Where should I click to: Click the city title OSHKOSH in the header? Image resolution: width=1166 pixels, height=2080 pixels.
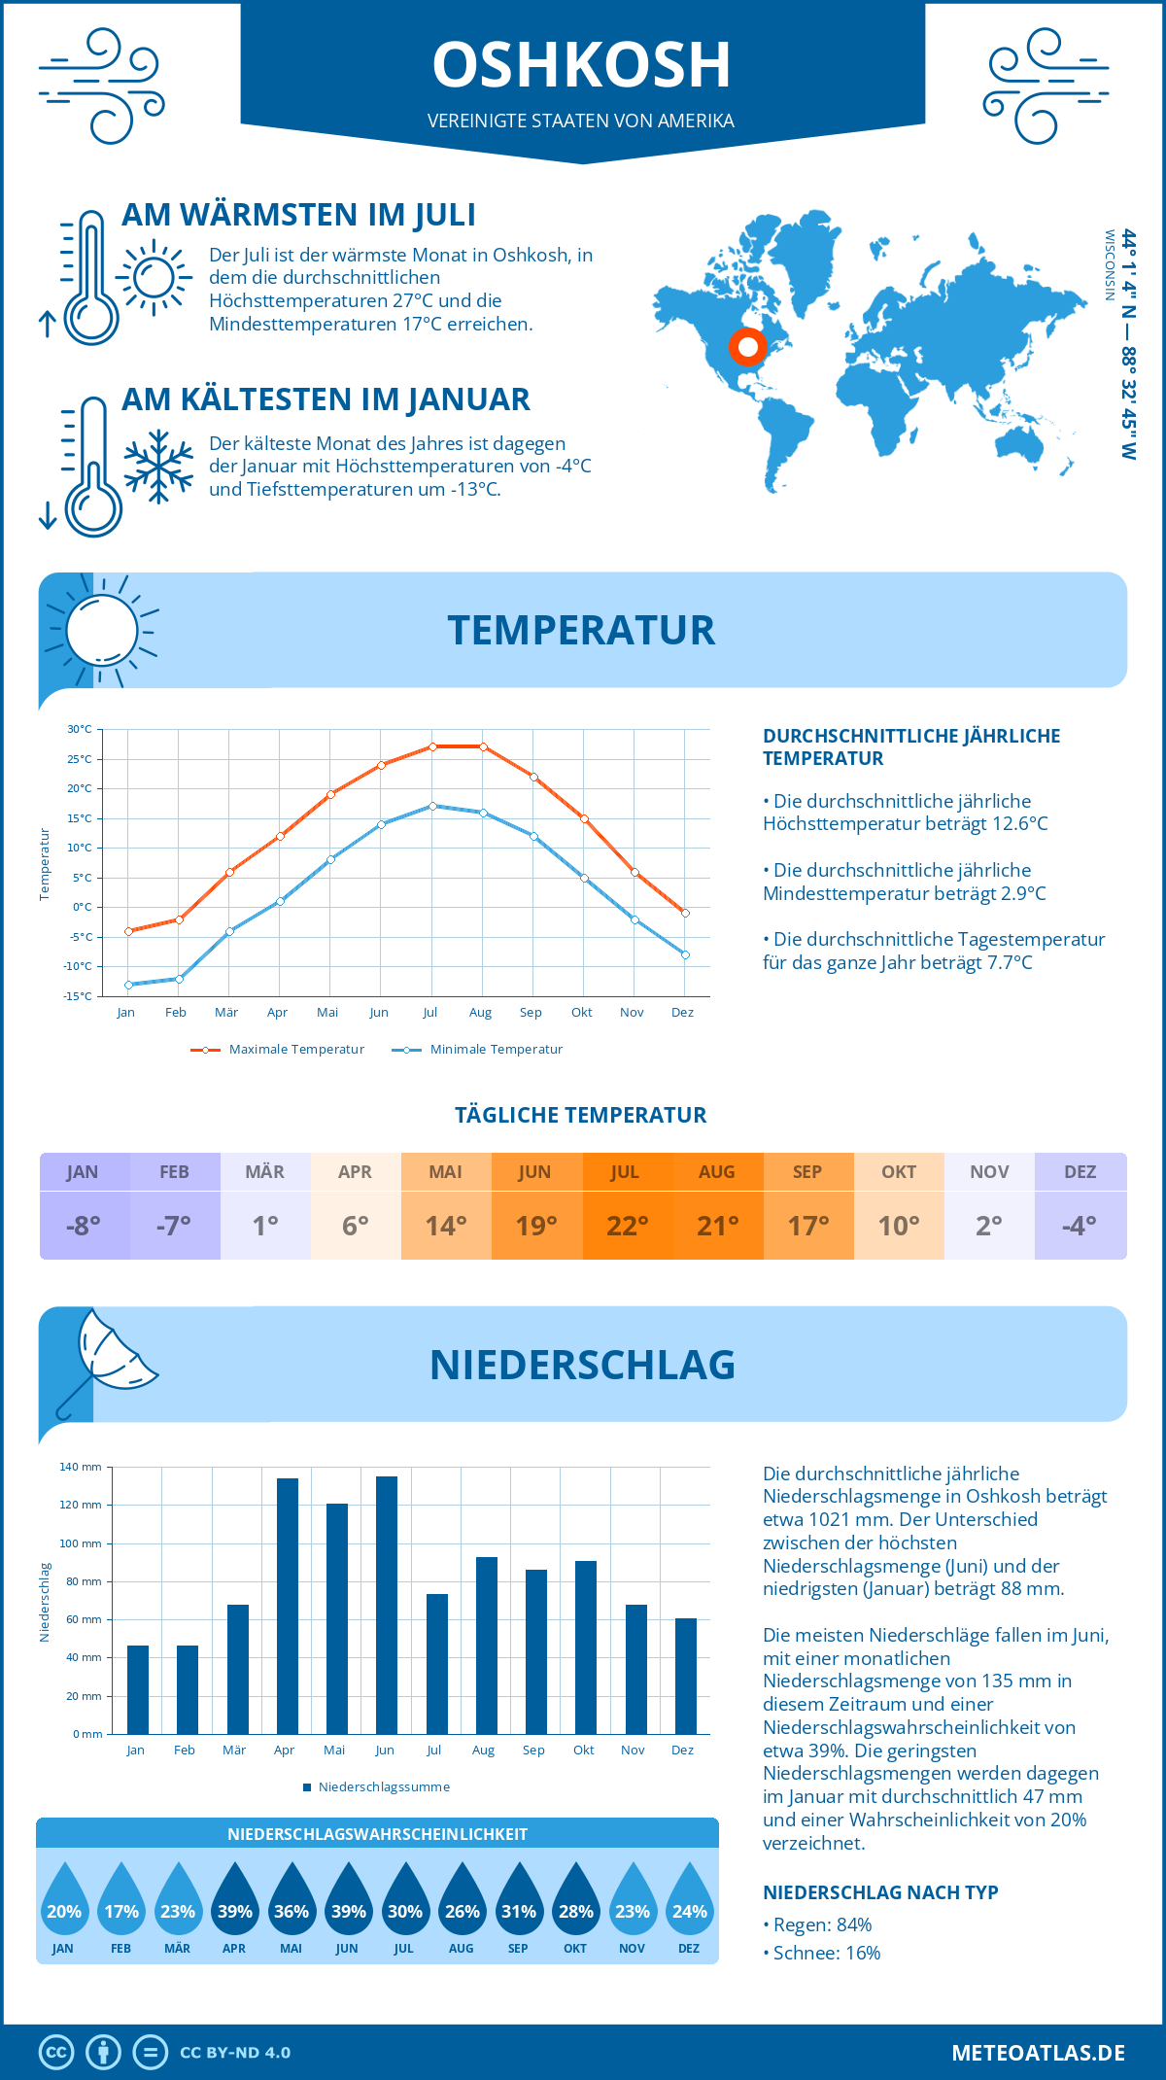[x=581, y=65]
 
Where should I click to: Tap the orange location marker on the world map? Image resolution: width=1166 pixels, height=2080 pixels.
[x=747, y=347]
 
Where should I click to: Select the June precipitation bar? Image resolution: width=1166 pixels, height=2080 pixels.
[x=386, y=1605]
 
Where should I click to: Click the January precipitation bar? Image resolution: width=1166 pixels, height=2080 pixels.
[x=138, y=1689]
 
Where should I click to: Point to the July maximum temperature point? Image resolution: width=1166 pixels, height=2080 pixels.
[x=433, y=746]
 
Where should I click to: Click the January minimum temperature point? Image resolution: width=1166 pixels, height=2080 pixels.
[x=128, y=985]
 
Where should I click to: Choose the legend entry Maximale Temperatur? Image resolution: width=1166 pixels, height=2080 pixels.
[x=278, y=1050]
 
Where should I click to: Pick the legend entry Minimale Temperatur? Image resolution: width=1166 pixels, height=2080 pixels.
[x=478, y=1050]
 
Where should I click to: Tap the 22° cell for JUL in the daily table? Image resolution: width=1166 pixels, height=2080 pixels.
[x=627, y=1226]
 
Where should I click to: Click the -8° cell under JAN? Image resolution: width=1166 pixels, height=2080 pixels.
[x=84, y=1226]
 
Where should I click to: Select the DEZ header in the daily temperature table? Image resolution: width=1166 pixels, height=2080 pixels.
[x=1080, y=1172]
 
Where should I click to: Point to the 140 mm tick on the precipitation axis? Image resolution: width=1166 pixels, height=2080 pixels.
[x=81, y=1467]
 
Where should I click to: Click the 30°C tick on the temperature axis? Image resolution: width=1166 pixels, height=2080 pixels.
[x=80, y=729]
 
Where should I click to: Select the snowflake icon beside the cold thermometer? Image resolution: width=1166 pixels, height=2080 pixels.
[x=158, y=467]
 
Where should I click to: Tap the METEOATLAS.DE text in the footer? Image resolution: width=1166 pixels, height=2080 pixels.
[x=1038, y=2053]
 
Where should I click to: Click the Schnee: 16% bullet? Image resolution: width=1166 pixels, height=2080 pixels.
[x=822, y=1953]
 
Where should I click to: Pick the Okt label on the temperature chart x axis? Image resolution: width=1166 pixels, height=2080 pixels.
[x=581, y=1013]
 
